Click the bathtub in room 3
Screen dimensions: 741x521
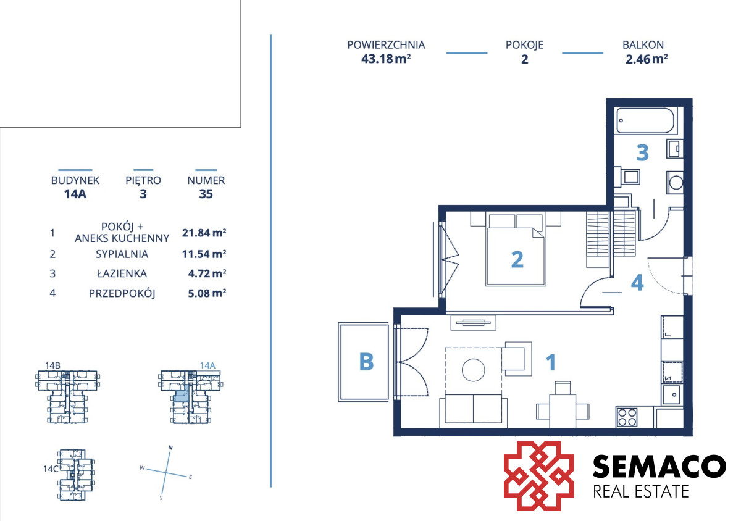[x=645, y=120]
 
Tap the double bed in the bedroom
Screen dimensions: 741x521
[x=516, y=250]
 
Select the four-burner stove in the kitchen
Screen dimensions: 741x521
[x=627, y=417]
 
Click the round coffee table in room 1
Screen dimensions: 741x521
[x=473, y=370]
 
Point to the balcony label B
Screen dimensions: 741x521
[x=366, y=362]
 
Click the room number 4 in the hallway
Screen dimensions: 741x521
[x=637, y=283]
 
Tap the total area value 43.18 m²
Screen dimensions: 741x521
[x=386, y=59]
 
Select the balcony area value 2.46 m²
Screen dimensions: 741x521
[x=647, y=59]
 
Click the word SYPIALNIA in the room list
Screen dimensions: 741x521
[x=122, y=254]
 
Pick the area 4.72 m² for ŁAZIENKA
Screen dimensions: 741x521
[x=207, y=273]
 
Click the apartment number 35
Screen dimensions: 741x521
[x=206, y=194]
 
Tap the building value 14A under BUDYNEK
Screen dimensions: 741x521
[x=75, y=194]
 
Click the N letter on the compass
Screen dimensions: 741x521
[x=170, y=448]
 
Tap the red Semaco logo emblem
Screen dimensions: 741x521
[x=538, y=476]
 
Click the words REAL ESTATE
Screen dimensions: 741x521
[x=641, y=491]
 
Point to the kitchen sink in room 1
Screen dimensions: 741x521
[x=672, y=394]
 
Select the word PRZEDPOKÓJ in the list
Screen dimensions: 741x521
[x=122, y=293]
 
